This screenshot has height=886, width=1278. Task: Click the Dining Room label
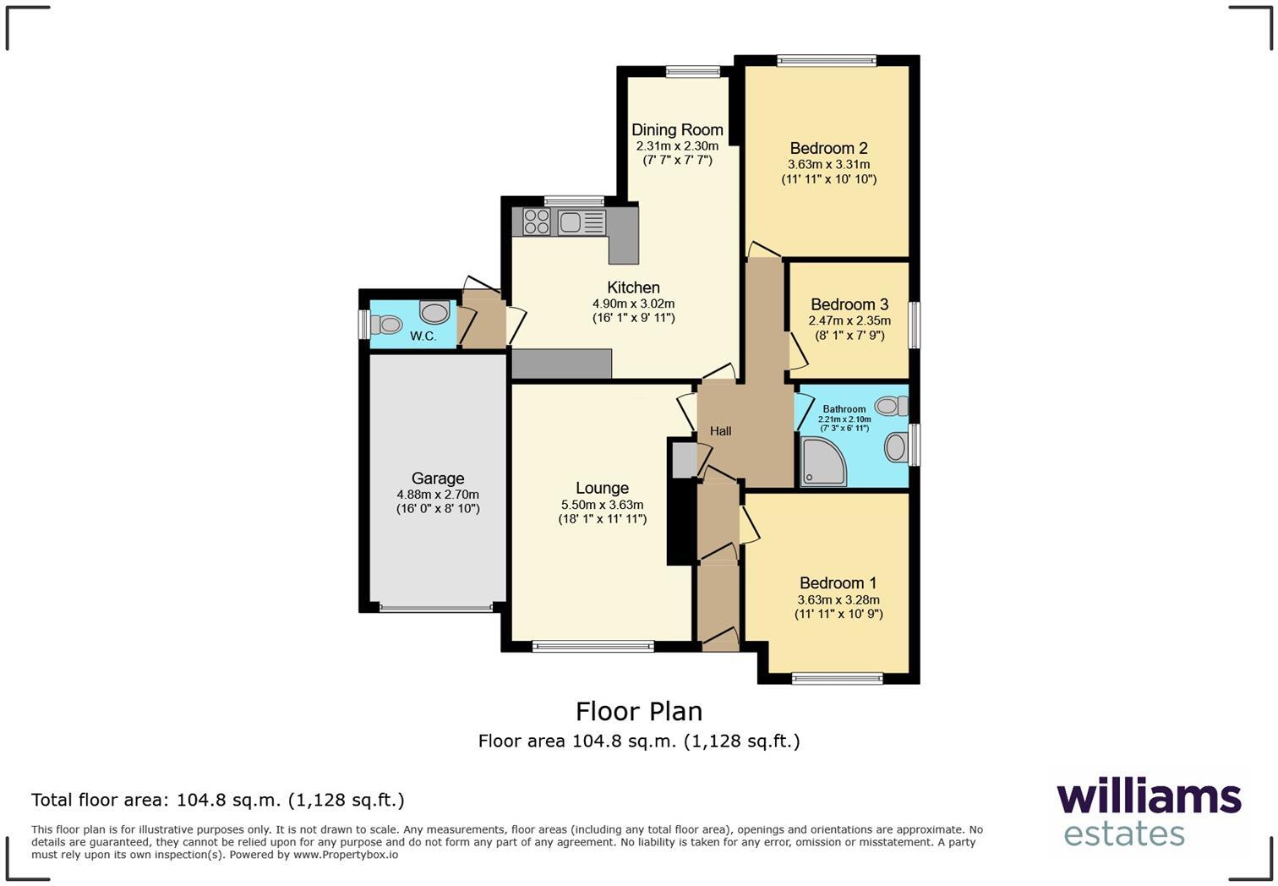[x=677, y=129]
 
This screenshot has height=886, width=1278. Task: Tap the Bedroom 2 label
[x=828, y=148]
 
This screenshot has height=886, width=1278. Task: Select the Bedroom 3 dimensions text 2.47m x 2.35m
[x=849, y=320]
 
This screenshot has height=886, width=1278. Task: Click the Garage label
[x=438, y=479]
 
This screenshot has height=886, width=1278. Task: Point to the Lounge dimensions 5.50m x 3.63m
[x=602, y=504]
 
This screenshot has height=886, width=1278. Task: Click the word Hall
[x=720, y=431]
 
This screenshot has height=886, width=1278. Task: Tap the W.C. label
[x=423, y=336]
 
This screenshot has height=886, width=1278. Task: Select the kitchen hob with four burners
[x=536, y=221]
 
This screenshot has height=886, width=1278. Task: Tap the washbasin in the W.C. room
[x=434, y=313]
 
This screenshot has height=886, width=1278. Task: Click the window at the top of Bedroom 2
[x=827, y=60]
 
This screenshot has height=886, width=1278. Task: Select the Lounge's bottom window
[x=593, y=647]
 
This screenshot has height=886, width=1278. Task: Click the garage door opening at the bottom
[x=436, y=607]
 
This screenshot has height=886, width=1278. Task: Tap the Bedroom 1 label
[x=838, y=583]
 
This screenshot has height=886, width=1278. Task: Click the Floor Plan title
[x=639, y=711]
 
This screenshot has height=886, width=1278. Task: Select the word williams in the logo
[x=1149, y=798]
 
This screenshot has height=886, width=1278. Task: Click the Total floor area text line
[x=218, y=800]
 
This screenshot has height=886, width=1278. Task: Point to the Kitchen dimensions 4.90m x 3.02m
[x=633, y=304]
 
